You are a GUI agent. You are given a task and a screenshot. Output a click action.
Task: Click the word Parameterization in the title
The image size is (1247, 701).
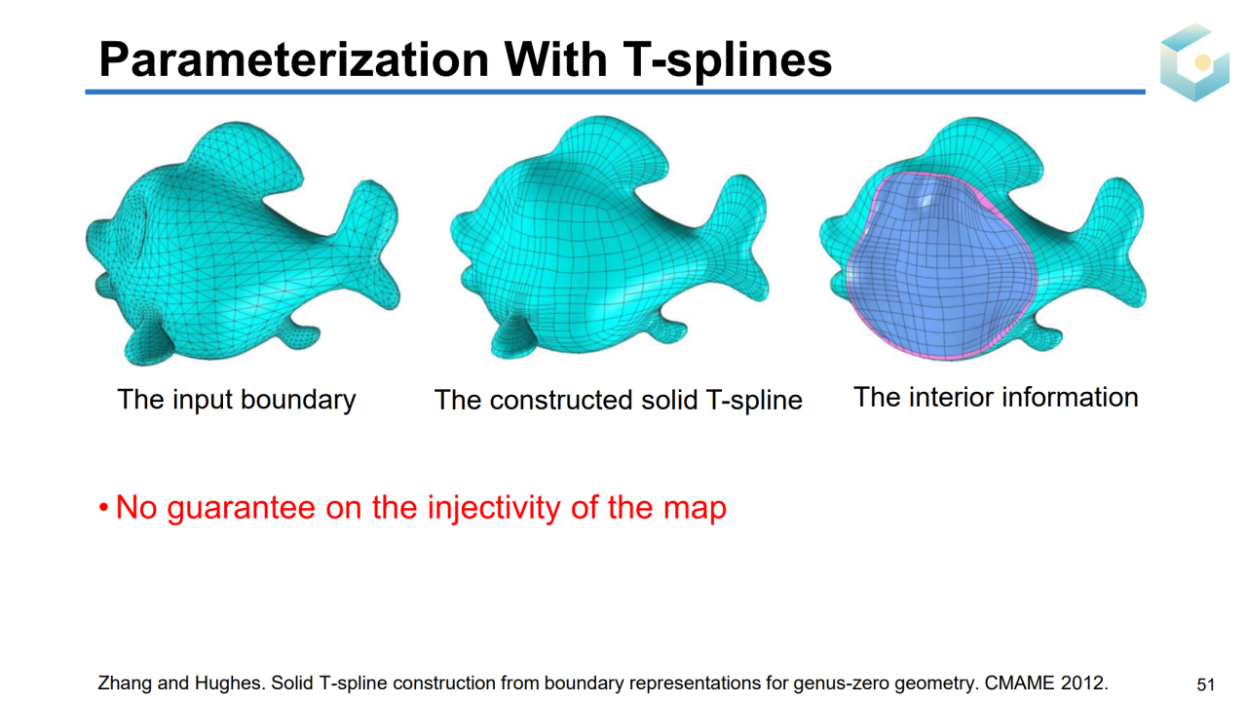coord(294,59)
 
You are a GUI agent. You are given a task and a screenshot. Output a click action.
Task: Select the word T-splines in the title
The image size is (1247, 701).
coord(727,59)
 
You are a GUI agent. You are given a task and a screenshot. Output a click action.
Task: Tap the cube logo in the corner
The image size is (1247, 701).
coord(1194,61)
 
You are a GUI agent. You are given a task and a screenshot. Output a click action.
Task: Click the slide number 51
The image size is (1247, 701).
coord(1205,684)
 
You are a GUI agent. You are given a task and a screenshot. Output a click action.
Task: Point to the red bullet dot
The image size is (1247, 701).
coord(103,508)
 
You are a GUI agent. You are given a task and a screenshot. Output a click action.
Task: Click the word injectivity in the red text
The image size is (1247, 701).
coord(494,508)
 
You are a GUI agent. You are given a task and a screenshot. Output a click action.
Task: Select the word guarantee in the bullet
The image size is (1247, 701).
coord(242,509)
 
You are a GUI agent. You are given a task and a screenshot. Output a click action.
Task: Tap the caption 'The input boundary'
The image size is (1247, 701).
coord(237,400)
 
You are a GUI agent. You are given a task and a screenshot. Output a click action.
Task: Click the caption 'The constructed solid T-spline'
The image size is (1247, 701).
coord(618,400)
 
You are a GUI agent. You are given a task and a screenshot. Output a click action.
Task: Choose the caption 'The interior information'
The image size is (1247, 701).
coord(996,398)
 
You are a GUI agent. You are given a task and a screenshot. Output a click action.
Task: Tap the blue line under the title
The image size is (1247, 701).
coord(615,92)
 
